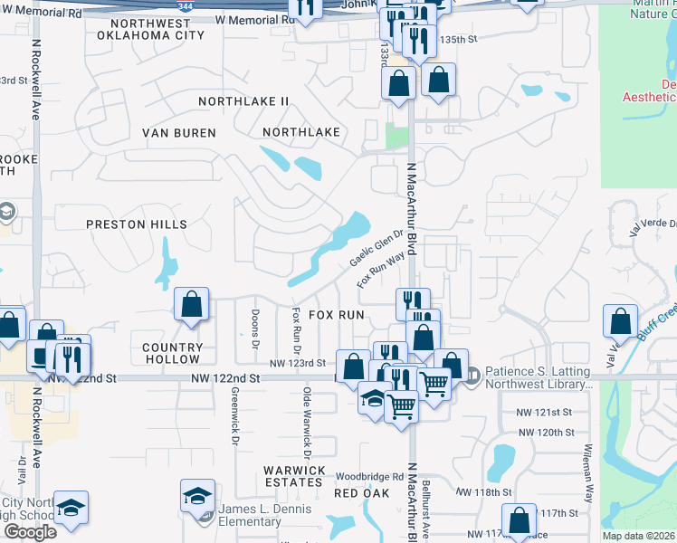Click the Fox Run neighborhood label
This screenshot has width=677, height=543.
point(336,315)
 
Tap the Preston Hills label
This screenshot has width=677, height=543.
point(136,224)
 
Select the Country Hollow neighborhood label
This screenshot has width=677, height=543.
point(173,354)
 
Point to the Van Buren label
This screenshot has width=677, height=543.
point(179,133)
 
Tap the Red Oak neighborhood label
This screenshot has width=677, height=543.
point(361,493)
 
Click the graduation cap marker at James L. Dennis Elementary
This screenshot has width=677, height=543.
point(197,496)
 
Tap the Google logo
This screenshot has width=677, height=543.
point(30,532)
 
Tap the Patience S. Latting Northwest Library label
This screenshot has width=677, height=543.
point(539,376)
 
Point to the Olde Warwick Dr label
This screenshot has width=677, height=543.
point(308,421)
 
